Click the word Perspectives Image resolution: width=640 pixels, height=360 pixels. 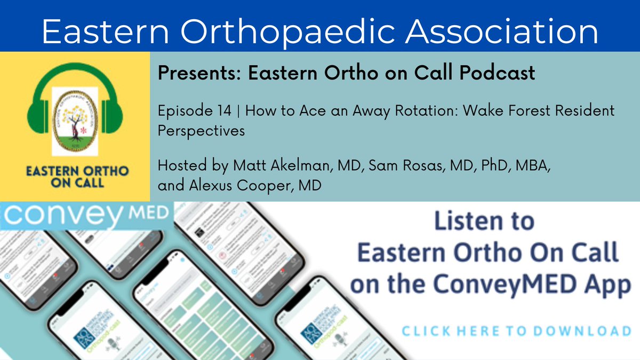pos(201,130)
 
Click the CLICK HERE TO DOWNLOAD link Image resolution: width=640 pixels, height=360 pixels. pos(516,331)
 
